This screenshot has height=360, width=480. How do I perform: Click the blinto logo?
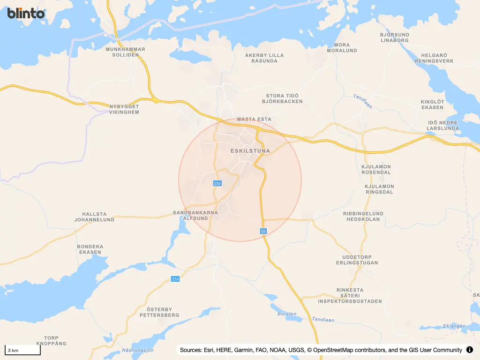tap(26, 13)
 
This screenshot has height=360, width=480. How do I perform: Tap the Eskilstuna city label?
tap(251, 151)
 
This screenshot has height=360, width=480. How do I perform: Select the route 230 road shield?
tap(217, 183)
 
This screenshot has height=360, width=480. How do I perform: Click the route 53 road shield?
tap(263, 231)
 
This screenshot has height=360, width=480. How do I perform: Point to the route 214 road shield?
tap(175, 279)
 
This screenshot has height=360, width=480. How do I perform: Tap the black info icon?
tap(470, 350)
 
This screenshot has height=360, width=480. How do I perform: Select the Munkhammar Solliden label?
tap(126, 52)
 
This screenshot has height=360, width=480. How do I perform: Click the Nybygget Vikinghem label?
tap(124, 109)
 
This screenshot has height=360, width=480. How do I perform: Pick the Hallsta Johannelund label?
tap(95, 217)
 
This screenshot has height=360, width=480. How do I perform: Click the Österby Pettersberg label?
tap(159, 312)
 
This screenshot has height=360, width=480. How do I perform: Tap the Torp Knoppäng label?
tap(52, 340)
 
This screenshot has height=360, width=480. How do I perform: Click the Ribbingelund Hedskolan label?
tap(363, 216)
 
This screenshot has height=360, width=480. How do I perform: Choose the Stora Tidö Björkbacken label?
tap(282, 98)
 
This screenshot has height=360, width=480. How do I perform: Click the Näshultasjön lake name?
tap(138, 350)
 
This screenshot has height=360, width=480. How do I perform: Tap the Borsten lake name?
tap(287, 314)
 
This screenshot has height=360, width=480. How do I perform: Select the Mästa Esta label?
tap(254, 119)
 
